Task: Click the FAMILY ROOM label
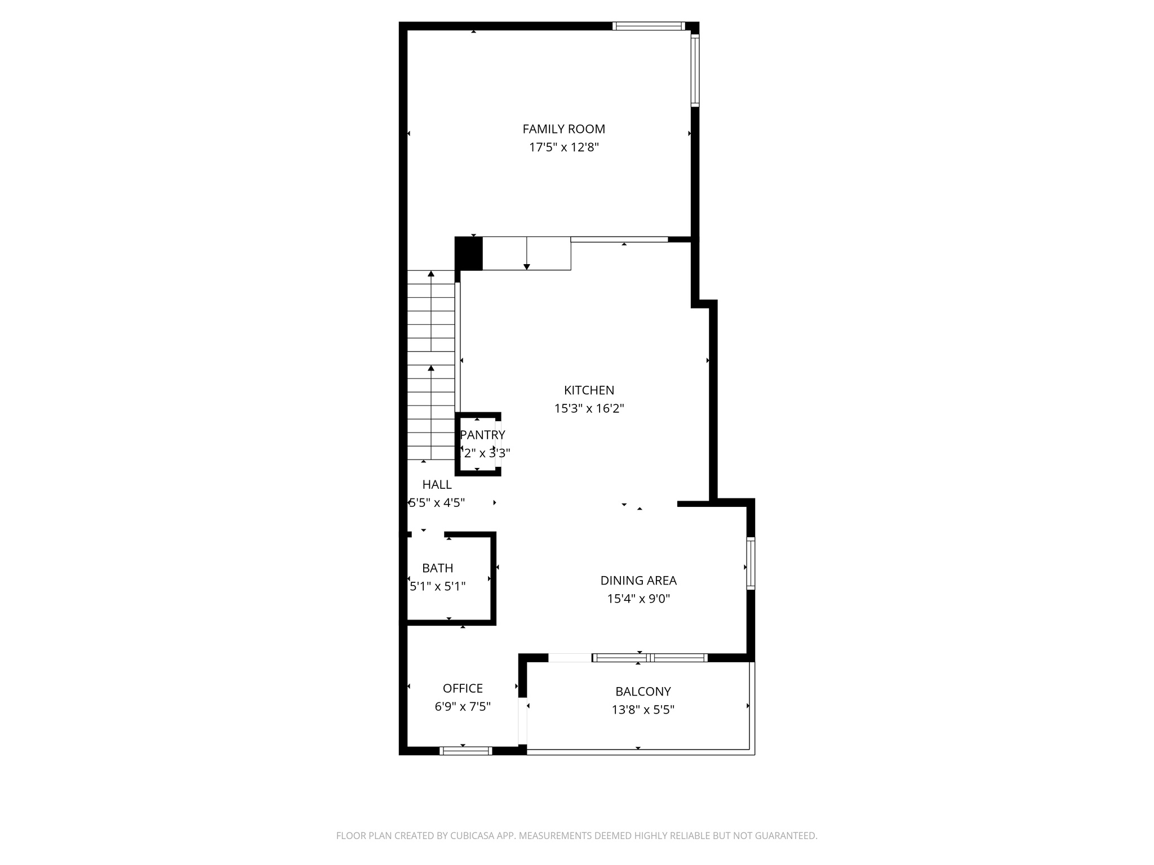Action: tap(563, 129)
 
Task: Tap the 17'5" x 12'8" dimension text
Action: tap(563, 148)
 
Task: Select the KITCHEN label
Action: tap(589, 390)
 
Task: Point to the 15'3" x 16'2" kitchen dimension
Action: tap(589, 409)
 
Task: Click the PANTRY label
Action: tap(482, 435)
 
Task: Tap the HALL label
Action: tap(437, 484)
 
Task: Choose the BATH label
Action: tap(437, 568)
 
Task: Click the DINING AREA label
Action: tap(638, 581)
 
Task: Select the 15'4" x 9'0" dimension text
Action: tap(638, 599)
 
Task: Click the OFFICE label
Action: tap(463, 688)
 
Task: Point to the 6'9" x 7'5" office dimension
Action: tap(463, 706)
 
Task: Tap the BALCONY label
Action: tap(643, 692)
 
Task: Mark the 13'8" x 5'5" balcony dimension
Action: tap(643, 710)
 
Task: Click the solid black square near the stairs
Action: tap(469, 253)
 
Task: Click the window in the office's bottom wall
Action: tap(465, 750)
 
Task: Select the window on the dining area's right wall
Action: tap(751, 564)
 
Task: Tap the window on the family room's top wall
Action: tap(648, 26)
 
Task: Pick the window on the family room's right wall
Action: tap(695, 70)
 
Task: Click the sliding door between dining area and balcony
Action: tap(650, 657)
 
